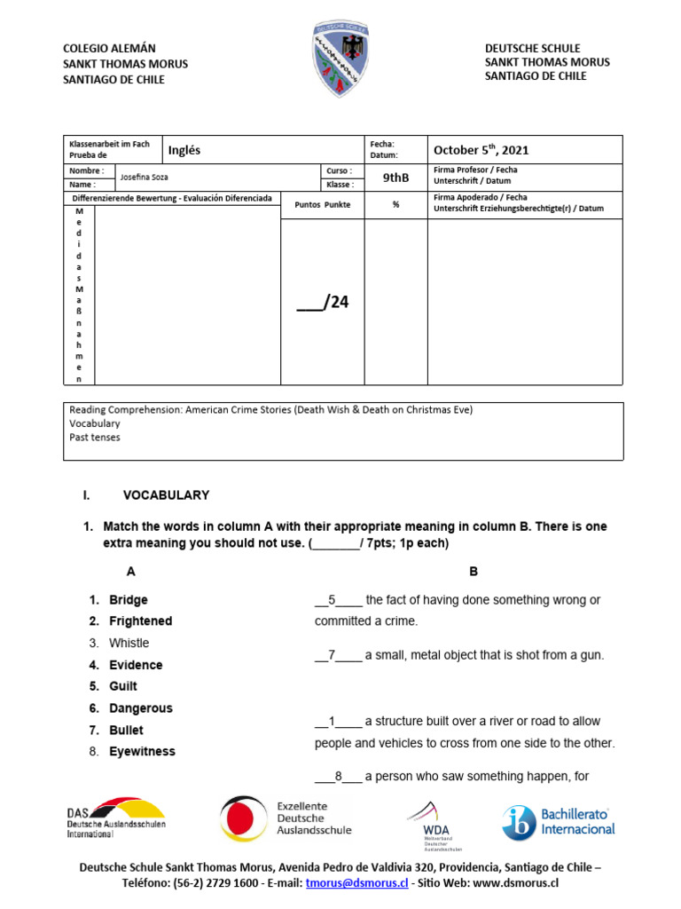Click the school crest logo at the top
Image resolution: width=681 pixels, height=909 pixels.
340,60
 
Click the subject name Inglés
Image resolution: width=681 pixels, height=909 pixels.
184,150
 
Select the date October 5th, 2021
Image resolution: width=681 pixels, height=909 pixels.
481,150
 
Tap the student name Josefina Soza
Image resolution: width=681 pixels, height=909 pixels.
143,178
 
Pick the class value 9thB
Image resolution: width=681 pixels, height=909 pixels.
395,178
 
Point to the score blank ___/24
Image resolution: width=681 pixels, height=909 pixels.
323,303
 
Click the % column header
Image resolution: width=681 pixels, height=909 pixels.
395,204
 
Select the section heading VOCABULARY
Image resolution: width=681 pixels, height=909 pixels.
166,495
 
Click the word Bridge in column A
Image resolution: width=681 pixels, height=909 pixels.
129,600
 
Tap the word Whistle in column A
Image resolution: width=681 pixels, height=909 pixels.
129,643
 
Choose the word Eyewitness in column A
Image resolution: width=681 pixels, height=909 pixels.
142,751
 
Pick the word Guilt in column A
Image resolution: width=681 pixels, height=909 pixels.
123,686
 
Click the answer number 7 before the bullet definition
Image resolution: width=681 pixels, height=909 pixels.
332,655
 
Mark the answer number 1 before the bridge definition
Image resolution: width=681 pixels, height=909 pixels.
332,721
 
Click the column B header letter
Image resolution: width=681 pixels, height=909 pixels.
474,572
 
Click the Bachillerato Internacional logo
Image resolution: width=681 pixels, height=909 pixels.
559,821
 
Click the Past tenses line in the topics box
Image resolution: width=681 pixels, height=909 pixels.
95,438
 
